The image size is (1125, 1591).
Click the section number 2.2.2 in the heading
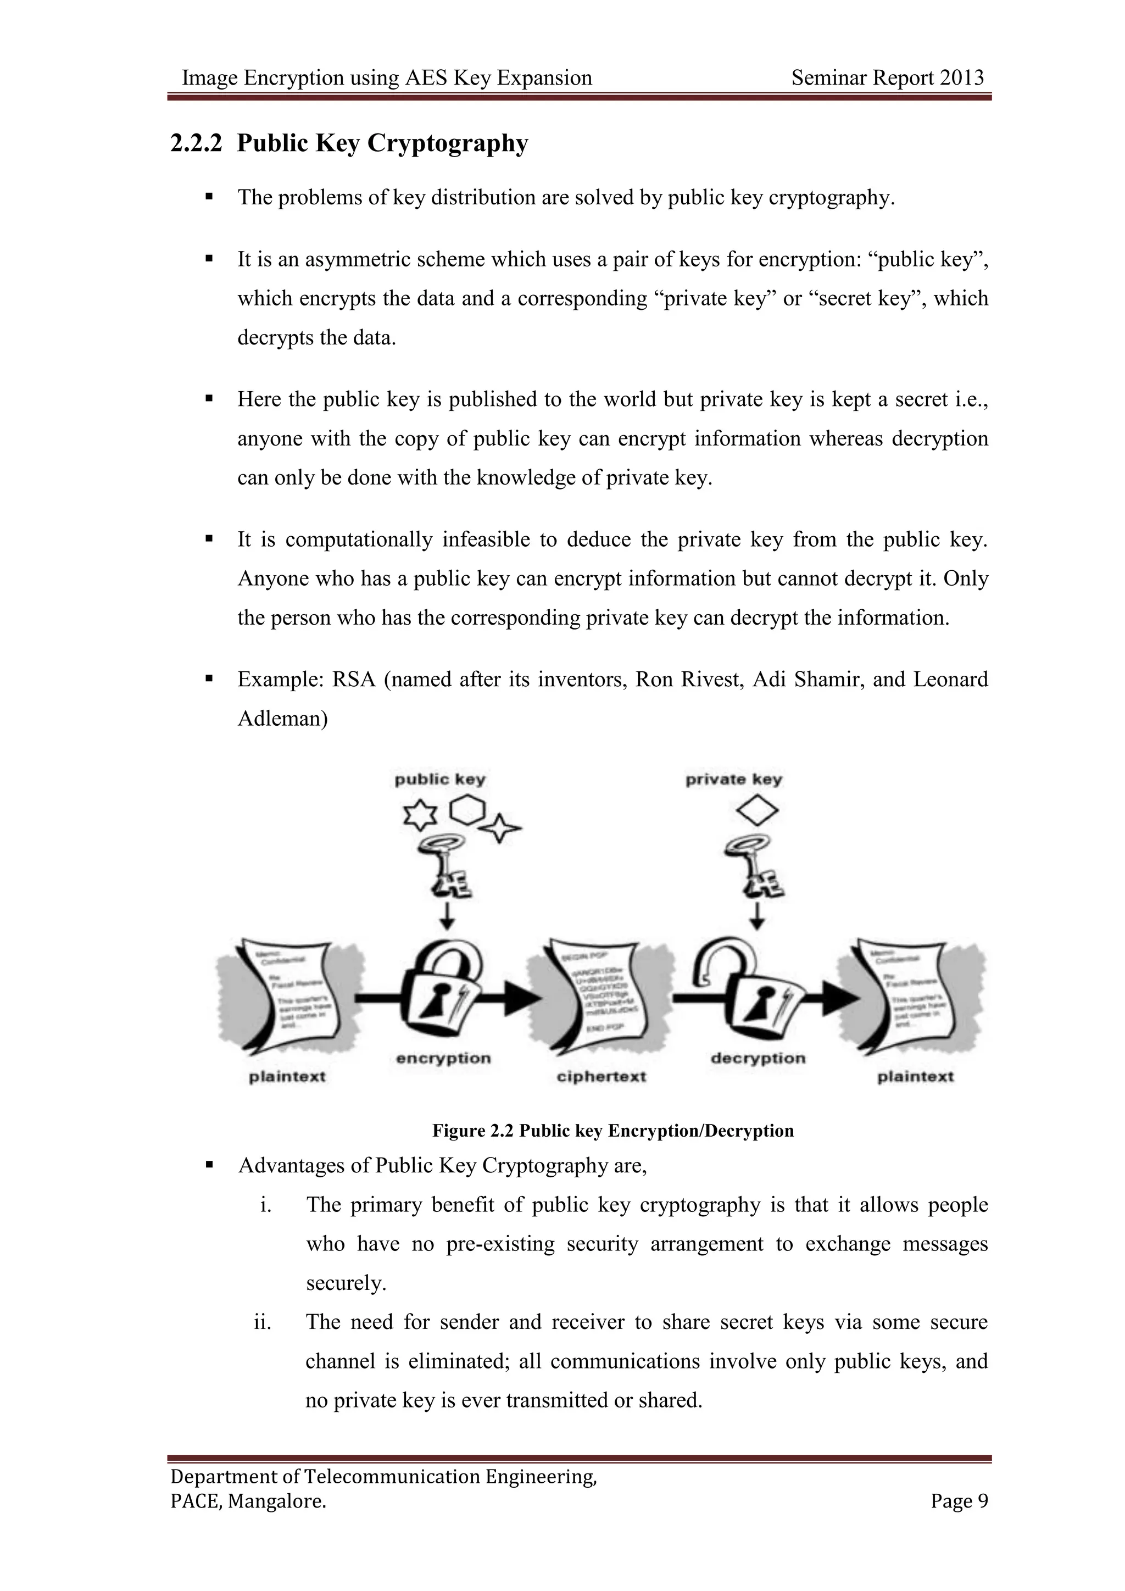click(x=197, y=143)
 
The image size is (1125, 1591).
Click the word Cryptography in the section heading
click(x=448, y=143)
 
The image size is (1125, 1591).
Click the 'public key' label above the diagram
click(x=440, y=780)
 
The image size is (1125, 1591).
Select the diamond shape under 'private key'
click(x=757, y=810)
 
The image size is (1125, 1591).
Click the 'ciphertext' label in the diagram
click(x=602, y=1077)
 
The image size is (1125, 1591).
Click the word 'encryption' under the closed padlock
click(x=443, y=1058)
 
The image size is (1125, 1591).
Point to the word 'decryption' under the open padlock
click(x=758, y=1058)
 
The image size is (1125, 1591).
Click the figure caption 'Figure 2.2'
click(x=474, y=1131)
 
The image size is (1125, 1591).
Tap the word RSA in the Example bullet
click(x=353, y=679)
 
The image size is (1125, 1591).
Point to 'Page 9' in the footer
click(x=960, y=1501)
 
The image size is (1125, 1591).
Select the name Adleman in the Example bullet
click(x=283, y=719)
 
